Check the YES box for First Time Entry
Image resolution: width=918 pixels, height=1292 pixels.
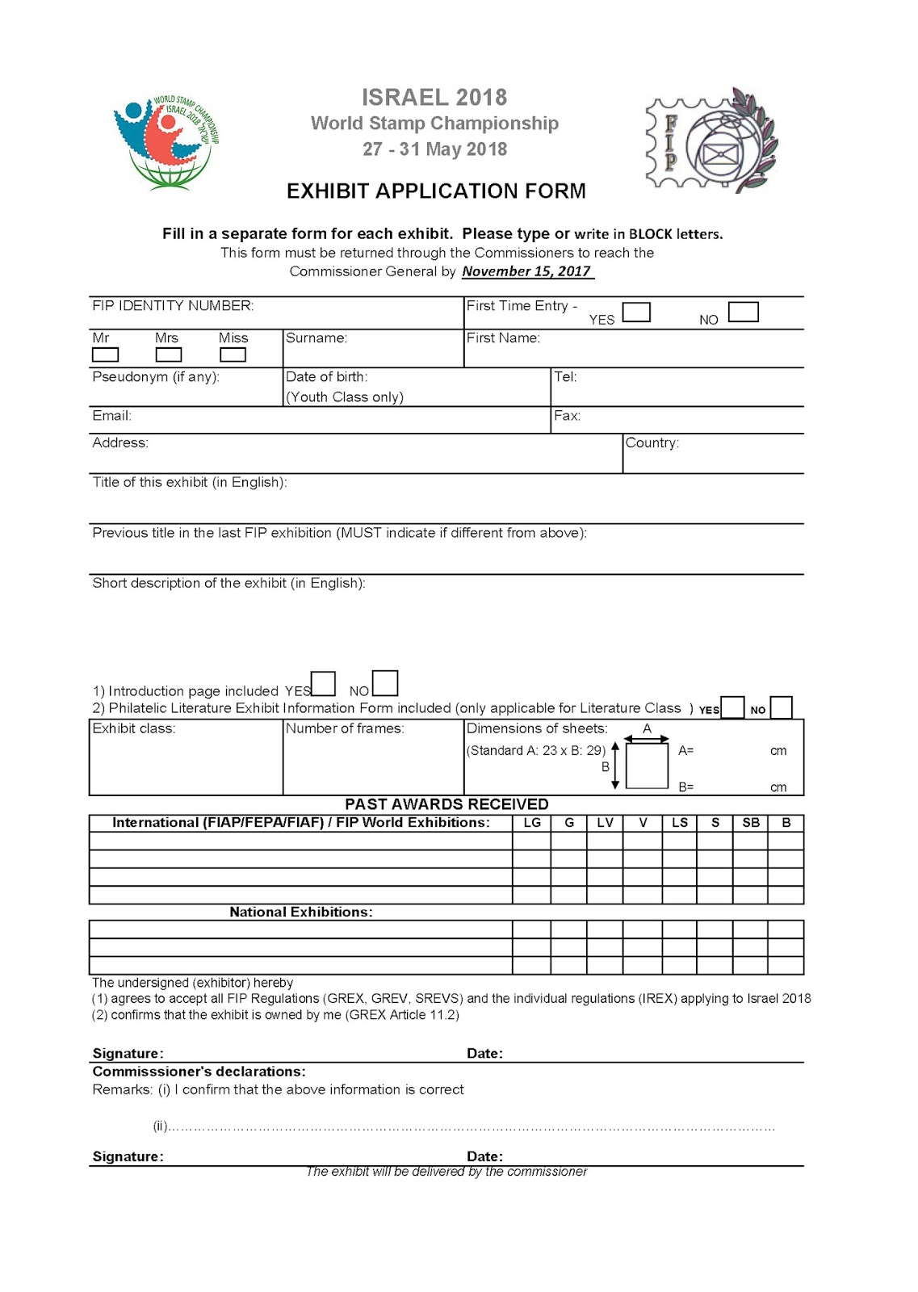click(636, 313)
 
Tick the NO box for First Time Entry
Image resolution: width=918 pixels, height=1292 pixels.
click(743, 312)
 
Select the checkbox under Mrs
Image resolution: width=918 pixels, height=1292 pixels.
click(168, 354)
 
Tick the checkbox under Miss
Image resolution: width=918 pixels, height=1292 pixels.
click(233, 354)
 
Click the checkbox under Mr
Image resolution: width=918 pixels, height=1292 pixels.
click(105, 354)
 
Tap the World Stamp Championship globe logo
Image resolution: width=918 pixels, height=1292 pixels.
click(166, 141)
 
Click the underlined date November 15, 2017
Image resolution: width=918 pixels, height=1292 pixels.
click(527, 271)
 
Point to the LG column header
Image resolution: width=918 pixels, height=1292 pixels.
click(532, 823)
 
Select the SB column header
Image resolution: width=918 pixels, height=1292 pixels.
click(750, 823)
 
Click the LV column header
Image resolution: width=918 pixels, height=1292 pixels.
click(605, 823)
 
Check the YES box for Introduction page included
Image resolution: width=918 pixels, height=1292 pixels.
click(323, 684)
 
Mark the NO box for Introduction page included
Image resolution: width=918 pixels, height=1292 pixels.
click(385, 683)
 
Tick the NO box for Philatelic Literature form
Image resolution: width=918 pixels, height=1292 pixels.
click(781, 707)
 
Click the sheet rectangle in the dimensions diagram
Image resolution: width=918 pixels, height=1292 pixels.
click(647, 766)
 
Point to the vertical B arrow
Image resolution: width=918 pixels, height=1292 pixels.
click(615, 766)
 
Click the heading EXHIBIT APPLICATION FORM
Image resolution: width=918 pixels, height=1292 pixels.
click(436, 191)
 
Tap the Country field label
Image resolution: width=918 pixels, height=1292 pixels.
click(652, 443)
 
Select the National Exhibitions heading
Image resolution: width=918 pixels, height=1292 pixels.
click(300, 912)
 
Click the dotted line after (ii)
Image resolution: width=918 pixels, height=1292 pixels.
click(472, 1127)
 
